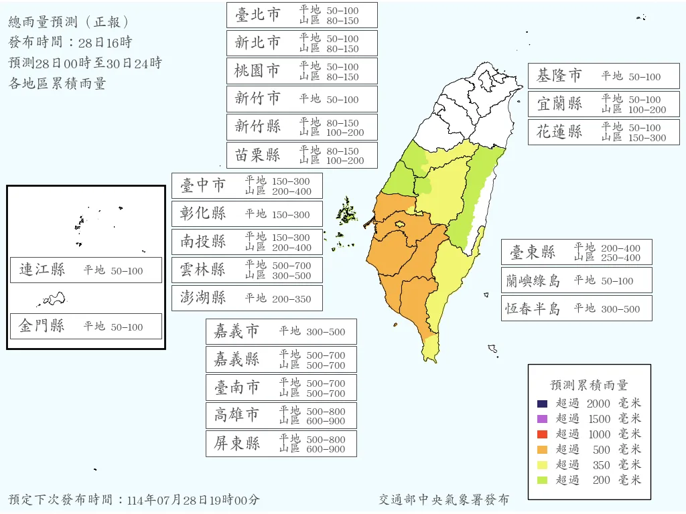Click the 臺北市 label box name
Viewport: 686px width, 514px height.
pyautogui.click(x=258, y=15)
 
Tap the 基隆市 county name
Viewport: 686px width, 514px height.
pyautogui.click(x=559, y=76)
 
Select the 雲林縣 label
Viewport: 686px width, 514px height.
pyautogui.click(x=203, y=270)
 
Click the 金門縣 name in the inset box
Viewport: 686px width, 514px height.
pyautogui.click(x=42, y=327)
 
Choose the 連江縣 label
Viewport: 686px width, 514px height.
pyautogui.click(x=42, y=270)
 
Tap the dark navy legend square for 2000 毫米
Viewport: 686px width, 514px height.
pyautogui.click(x=543, y=404)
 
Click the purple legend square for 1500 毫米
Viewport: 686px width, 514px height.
pyautogui.click(x=543, y=419)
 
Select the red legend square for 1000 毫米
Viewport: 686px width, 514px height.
pyautogui.click(x=543, y=434)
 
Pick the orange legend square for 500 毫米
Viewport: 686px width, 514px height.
pyautogui.click(x=543, y=449)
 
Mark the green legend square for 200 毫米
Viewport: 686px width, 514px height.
pyautogui.click(x=543, y=480)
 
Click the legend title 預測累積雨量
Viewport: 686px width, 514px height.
pyautogui.click(x=589, y=385)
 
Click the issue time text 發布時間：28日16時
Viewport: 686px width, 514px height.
pyautogui.click(x=70, y=43)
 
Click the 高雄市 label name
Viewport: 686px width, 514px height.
pyautogui.click(x=237, y=415)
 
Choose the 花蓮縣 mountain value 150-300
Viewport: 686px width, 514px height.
pyautogui.click(x=647, y=138)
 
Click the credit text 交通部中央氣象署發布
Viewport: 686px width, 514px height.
pyautogui.click(x=443, y=500)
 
